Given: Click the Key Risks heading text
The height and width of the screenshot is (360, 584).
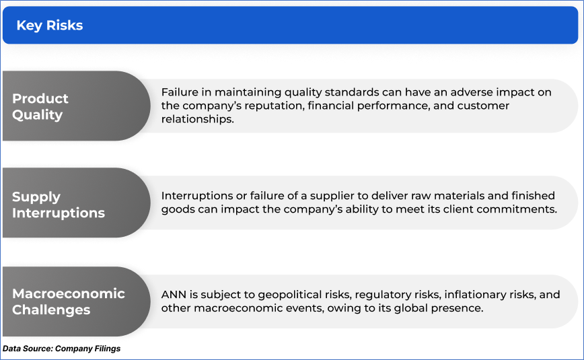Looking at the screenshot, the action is (50, 26).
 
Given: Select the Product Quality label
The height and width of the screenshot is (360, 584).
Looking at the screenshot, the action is (40, 106).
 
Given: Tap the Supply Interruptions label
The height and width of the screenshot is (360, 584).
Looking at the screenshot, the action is (59, 205).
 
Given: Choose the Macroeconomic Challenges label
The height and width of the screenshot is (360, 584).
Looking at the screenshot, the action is (69, 301).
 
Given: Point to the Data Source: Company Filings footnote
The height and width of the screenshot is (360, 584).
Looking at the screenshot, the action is (61, 349).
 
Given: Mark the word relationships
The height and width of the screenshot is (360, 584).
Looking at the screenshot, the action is (197, 119).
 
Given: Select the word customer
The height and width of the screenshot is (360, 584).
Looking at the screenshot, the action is (483, 106).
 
